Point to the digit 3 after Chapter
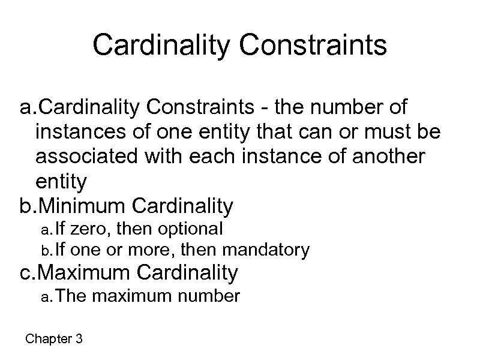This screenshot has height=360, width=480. coord(79,339)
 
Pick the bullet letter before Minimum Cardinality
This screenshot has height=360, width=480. coord(26,206)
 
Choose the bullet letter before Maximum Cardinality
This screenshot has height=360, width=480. coord(26,273)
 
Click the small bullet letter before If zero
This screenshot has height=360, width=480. coord(44,230)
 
